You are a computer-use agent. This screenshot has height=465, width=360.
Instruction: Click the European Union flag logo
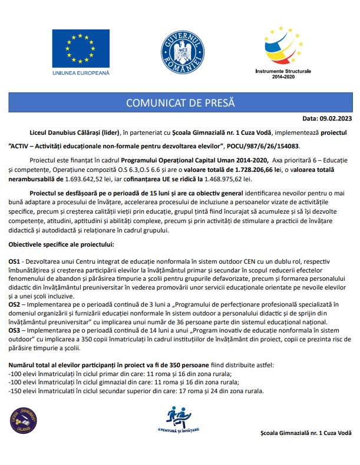tap(81, 46)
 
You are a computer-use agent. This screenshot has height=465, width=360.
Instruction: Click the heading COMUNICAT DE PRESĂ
tap(180, 103)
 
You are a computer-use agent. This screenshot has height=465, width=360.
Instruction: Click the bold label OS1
tap(14, 261)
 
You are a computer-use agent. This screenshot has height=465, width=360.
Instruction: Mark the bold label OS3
tap(14, 331)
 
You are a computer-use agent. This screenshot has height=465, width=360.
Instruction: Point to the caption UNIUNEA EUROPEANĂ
tap(81, 74)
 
